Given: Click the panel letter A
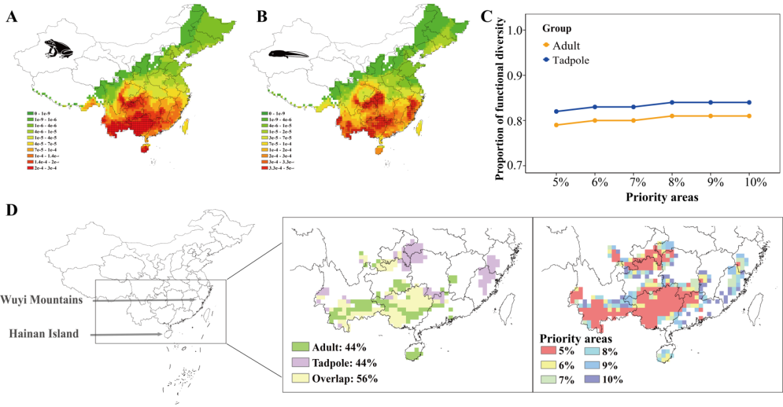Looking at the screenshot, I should click(x=11, y=17).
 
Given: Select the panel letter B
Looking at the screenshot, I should click(x=262, y=17).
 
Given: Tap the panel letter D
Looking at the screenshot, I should click(x=11, y=212).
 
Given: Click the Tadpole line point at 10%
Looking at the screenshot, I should click(x=749, y=103).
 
